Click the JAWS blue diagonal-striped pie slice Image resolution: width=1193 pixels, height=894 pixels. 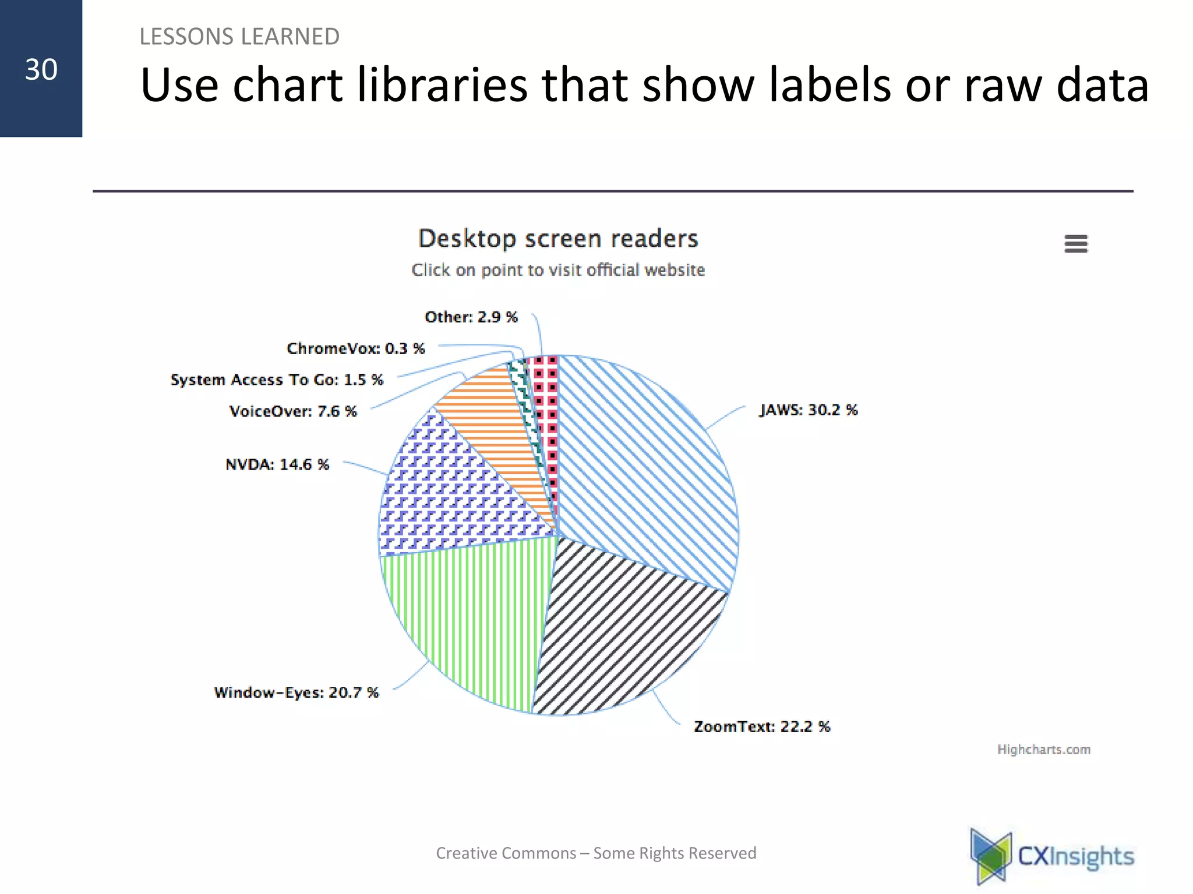tap(647, 466)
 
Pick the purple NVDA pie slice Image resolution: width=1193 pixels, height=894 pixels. tap(449, 489)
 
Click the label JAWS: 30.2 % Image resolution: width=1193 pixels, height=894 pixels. tap(808, 410)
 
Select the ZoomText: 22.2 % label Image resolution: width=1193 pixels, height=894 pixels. tap(761, 726)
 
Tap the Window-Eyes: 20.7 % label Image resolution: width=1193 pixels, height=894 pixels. tap(296, 692)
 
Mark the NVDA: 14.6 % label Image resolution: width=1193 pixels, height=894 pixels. tap(277, 464)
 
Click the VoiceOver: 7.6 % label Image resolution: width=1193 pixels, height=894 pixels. tap(293, 411)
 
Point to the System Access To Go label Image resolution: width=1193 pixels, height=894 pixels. tap(277, 379)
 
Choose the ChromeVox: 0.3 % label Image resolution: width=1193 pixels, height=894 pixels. tap(355, 348)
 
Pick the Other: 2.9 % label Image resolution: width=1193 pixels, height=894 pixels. tap(471, 317)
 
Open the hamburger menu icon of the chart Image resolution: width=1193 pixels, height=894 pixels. tap(1075, 243)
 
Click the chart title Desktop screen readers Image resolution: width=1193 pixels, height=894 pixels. tap(558, 239)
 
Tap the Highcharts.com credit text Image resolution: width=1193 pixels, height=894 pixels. tap(1043, 749)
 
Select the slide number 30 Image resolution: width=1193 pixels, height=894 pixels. tap(41, 69)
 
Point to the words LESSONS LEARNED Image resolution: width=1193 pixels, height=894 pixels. tap(239, 37)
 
